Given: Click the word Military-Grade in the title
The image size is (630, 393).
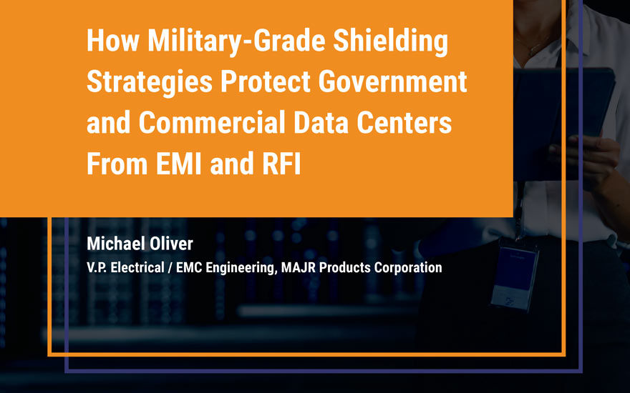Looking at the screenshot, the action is (x=236, y=41).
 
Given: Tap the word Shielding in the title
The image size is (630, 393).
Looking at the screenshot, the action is (x=391, y=41).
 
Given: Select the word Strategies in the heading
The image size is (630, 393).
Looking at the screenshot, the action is (x=150, y=82).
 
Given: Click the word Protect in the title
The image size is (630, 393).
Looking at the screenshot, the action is (x=266, y=81).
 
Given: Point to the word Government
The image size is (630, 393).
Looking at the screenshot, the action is (x=392, y=81).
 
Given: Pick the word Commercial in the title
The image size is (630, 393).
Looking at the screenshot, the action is (x=212, y=122).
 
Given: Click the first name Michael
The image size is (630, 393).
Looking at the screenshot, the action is (x=110, y=244).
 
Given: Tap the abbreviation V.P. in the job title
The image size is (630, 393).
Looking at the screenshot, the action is (x=97, y=267).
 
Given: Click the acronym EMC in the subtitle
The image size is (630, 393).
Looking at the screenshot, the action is (x=189, y=267).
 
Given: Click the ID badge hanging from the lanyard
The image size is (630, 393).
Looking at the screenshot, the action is (x=514, y=278).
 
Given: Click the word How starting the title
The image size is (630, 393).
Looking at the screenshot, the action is (x=113, y=41).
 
